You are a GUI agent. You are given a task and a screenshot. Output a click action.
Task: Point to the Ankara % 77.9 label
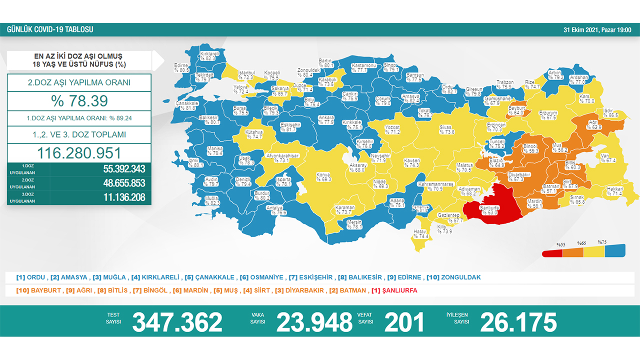[x=326, y=120]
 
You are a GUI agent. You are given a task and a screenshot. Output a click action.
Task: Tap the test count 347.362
[x=177, y=322]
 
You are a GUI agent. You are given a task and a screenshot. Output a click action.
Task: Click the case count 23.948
[x=314, y=322]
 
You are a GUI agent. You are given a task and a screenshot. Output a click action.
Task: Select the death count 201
[x=404, y=322]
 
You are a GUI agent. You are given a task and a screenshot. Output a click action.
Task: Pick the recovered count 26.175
[x=518, y=322]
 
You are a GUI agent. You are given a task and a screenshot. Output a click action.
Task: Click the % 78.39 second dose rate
[x=79, y=101]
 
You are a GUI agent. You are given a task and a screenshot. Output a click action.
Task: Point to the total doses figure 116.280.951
[x=79, y=153]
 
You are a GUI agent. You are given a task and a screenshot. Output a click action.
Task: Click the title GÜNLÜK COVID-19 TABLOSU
[x=50, y=29]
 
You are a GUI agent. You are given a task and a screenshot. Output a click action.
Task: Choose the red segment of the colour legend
[x=552, y=252]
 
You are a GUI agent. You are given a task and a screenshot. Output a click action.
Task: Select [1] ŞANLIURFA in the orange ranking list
[x=394, y=290]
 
